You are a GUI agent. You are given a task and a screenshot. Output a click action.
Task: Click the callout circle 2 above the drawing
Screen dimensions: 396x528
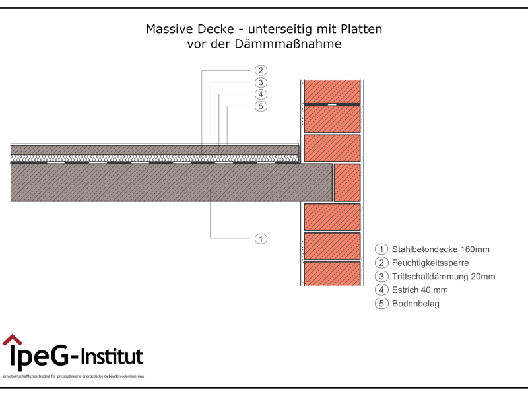[261, 71]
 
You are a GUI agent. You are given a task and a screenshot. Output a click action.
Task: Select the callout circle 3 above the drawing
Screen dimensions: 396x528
[261, 82]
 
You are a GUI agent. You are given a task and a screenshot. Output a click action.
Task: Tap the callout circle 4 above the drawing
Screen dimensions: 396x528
[261, 94]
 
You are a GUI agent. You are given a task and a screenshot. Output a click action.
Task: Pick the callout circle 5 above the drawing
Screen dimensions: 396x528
[261, 106]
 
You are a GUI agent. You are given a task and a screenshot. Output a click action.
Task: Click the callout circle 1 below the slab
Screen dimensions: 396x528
[261, 238]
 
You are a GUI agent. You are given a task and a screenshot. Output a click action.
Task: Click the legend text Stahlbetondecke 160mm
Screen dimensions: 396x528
[440, 249]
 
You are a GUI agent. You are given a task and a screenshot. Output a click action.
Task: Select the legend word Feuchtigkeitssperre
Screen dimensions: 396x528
[430, 263]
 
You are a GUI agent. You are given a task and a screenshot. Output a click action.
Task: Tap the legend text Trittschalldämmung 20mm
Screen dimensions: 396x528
[443, 277]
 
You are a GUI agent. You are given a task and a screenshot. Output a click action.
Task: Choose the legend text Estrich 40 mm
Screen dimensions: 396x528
[420, 290]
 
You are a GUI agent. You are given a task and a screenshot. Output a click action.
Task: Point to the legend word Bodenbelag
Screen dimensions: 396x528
[415, 304]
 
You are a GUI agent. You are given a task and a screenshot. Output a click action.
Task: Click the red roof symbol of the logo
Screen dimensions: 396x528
[12, 341]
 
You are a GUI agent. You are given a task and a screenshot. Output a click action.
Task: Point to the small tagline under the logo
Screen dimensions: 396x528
[73, 376]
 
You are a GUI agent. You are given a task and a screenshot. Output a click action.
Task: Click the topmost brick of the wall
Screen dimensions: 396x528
[332, 91]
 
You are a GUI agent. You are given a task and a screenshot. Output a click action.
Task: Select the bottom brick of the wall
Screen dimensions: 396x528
[332, 273]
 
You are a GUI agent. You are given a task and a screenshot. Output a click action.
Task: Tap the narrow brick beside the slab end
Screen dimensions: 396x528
[347, 182]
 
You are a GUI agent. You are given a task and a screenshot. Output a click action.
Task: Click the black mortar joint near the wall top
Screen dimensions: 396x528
[332, 104]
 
